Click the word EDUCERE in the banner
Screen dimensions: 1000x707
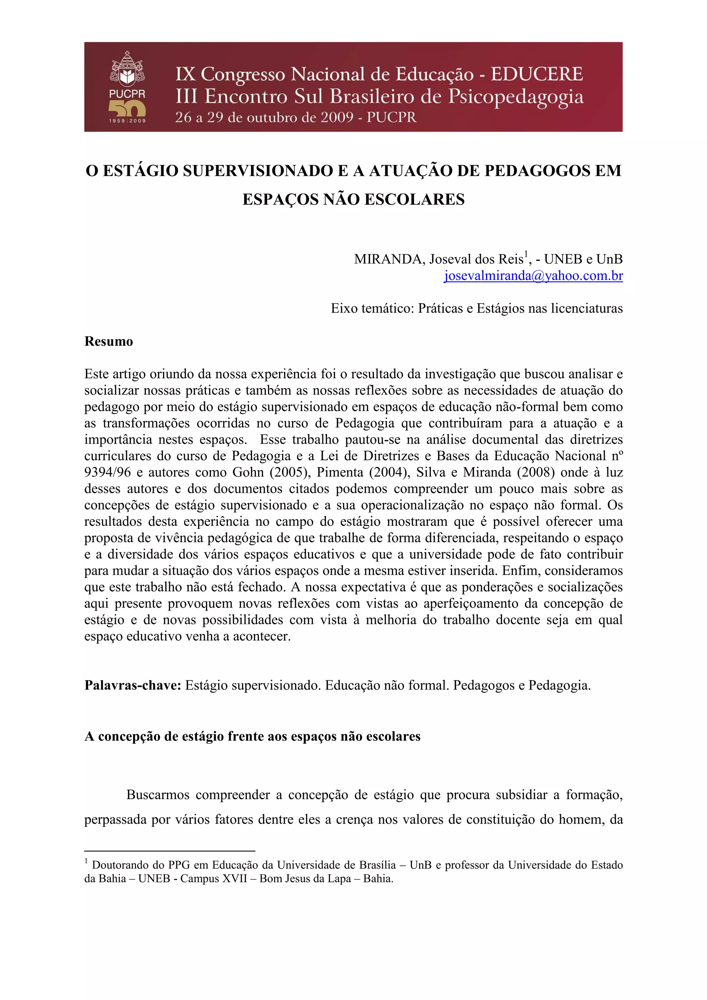pyautogui.click(x=537, y=74)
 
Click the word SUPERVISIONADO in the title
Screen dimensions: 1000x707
pyautogui.click(x=258, y=171)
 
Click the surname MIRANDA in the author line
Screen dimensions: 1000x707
pyautogui.click(x=389, y=259)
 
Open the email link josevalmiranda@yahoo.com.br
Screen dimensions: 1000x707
pyautogui.click(x=533, y=276)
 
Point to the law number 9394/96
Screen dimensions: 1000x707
pyautogui.click(x=107, y=472)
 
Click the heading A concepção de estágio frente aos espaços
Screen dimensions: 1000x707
pyautogui.click(x=252, y=736)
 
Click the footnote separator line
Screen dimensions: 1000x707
pyautogui.click(x=170, y=851)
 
